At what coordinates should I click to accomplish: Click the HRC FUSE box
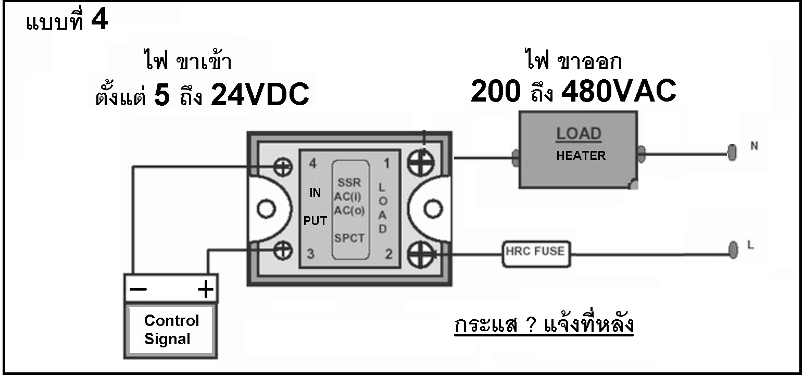(x=536, y=254)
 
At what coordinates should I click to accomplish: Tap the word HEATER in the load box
(x=581, y=156)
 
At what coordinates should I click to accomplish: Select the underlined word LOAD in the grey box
(x=579, y=134)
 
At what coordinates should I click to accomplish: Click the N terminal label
(x=754, y=146)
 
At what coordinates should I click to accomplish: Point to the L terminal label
(x=750, y=245)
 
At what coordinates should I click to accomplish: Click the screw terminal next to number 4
(x=283, y=167)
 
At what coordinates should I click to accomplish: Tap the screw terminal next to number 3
(x=283, y=250)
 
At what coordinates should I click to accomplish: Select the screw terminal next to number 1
(x=421, y=162)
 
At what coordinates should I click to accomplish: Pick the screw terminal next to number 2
(x=421, y=255)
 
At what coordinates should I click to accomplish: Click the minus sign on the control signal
(x=138, y=290)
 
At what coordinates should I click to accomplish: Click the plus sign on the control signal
(x=206, y=289)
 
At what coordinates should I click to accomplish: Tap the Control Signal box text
(x=171, y=330)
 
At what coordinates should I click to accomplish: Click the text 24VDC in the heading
(x=260, y=94)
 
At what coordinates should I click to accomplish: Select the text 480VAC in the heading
(x=619, y=91)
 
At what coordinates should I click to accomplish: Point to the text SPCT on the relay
(x=349, y=238)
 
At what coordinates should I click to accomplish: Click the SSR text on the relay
(x=349, y=182)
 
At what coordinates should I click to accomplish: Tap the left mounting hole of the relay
(x=266, y=209)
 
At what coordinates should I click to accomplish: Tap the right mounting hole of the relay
(x=433, y=209)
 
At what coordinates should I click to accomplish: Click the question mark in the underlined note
(x=531, y=324)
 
